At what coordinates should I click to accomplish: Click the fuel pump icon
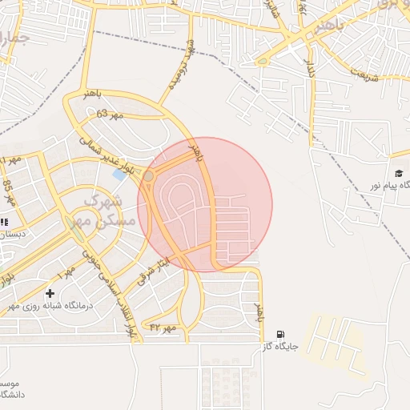(279, 334)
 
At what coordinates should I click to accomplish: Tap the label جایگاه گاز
(279, 347)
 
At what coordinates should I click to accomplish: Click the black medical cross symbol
(50, 294)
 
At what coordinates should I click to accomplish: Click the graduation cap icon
(398, 173)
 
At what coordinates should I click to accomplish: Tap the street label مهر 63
(111, 115)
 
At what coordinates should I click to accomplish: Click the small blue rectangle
(120, 174)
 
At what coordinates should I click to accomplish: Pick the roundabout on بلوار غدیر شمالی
(149, 175)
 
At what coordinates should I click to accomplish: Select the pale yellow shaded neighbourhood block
(336, 344)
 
